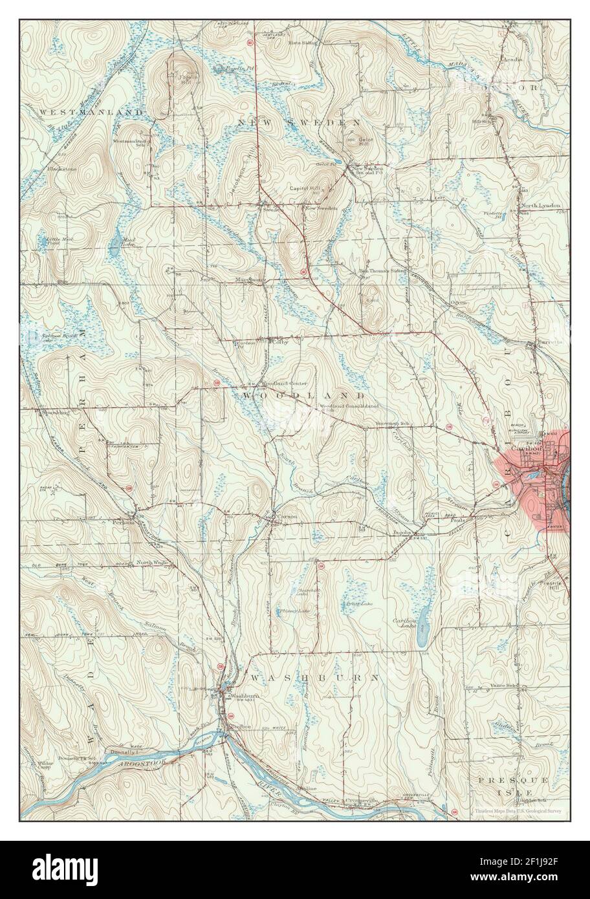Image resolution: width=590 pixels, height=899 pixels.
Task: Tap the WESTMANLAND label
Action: [x=91, y=112]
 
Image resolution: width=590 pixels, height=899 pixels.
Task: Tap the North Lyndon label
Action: [x=541, y=206]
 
